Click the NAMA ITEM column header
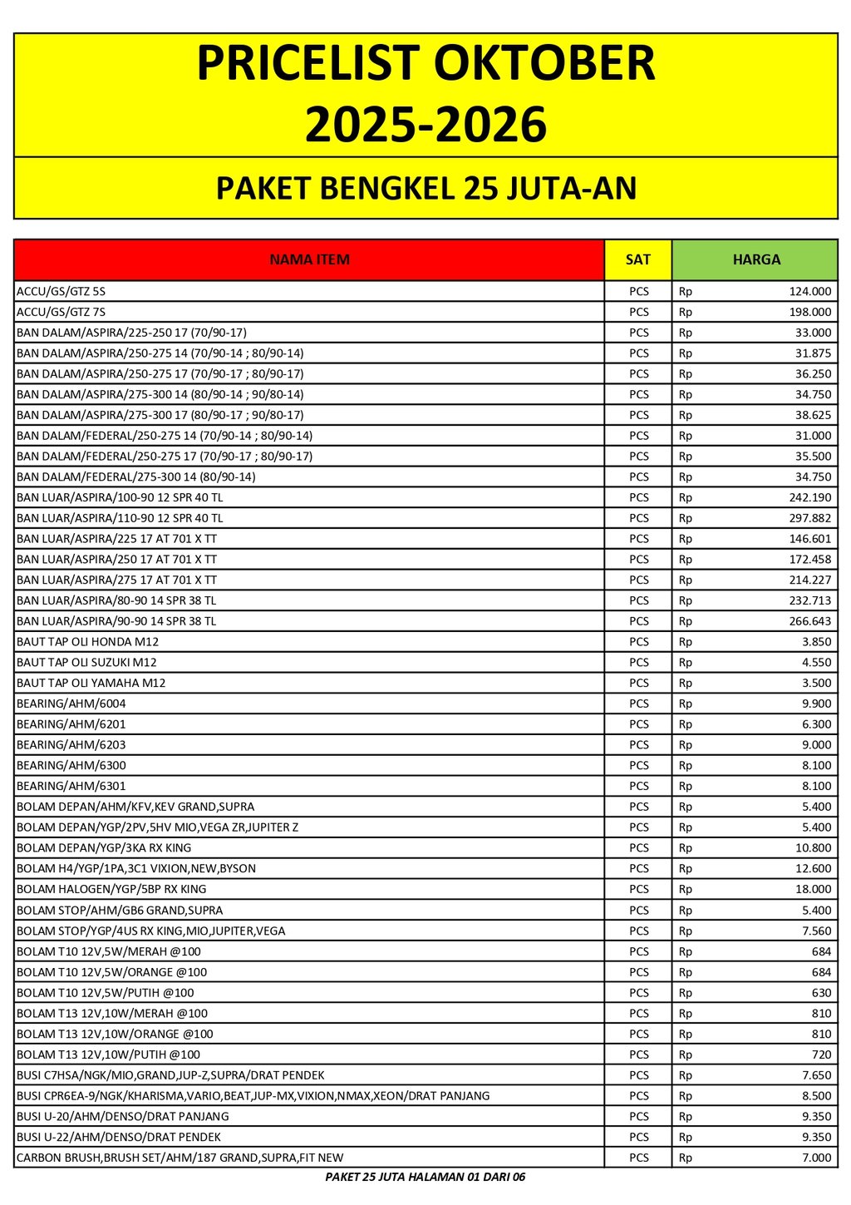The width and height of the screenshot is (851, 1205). [x=309, y=259]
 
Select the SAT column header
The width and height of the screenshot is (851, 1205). [x=637, y=259]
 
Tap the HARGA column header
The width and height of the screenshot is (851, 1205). [x=755, y=259]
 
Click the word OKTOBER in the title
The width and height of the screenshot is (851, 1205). [x=533, y=64]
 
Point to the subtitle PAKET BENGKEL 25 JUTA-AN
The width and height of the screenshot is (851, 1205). [x=425, y=188]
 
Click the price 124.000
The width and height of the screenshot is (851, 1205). [x=809, y=292]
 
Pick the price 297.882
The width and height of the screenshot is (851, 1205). [x=809, y=518]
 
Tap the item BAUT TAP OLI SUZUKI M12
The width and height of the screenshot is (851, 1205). [x=86, y=663]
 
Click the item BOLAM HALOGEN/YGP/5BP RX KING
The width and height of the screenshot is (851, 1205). [x=111, y=889]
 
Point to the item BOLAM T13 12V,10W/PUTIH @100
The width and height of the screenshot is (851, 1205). [x=108, y=1054]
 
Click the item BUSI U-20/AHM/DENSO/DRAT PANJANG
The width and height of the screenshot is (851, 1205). [x=122, y=1116]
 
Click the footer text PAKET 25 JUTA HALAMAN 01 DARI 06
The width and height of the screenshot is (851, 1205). [x=425, y=1177]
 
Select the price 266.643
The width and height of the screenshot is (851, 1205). [x=809, y=621]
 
